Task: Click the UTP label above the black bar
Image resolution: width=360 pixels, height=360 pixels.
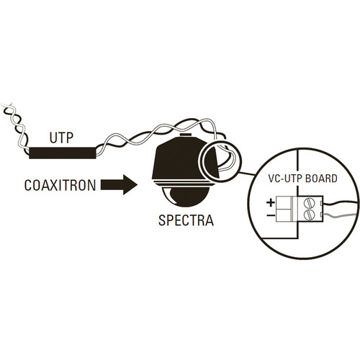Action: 61,138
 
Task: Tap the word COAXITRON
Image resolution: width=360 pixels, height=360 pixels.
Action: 60,185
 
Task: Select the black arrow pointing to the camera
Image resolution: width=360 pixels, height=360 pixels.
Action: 119,185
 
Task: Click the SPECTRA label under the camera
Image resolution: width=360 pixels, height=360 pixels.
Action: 186,220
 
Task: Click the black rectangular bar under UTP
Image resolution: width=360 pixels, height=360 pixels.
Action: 63,153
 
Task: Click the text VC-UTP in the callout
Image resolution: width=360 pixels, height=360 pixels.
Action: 285,179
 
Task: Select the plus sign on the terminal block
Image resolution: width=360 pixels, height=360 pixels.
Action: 271,203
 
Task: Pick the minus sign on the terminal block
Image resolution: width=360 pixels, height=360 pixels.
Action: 271,215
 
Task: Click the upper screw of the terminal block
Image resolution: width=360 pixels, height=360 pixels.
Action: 309,204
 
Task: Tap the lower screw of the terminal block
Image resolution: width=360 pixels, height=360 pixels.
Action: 309,215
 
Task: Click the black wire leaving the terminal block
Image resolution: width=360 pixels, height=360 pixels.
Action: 341,204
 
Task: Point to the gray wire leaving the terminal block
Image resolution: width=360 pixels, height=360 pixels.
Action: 341,216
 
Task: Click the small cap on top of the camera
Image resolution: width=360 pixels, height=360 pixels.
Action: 185,135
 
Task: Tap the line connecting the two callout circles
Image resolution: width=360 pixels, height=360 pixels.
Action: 247,174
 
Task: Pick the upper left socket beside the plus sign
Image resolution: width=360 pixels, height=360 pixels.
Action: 284,203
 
